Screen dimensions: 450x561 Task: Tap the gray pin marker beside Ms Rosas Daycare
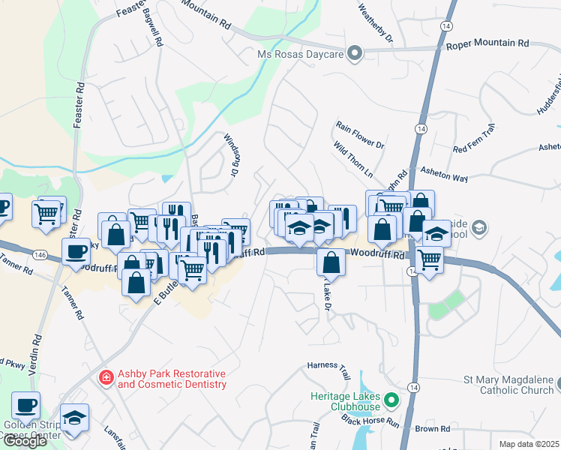(356, 53)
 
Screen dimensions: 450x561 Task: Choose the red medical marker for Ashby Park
(106, 378)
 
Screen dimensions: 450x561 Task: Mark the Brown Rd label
(433, 429)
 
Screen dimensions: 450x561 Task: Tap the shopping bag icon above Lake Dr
(331, 262)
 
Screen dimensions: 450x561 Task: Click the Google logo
(25, 441)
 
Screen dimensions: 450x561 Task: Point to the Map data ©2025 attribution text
(529, 444)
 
